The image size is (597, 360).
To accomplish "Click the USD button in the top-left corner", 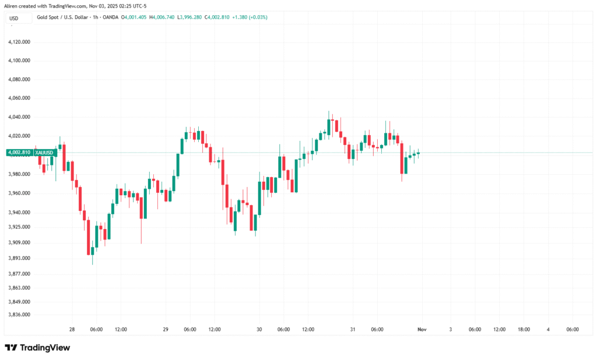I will [13, 18].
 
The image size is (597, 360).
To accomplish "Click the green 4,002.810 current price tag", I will [19, 153].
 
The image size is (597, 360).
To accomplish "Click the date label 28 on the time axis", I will [72, 330].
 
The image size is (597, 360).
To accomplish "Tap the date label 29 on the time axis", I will [166, 330].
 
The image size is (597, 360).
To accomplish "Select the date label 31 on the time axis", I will [353, 330].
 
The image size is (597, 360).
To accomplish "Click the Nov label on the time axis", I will [423, 330].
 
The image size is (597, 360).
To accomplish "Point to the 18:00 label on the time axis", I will [524, 330].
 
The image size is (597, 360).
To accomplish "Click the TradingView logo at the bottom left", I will [37, 348].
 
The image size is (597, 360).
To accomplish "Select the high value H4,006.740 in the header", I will [161, 17].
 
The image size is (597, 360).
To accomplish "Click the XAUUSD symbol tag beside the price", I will [45, 153].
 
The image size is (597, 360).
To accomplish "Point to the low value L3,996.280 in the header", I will [189, 17].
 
